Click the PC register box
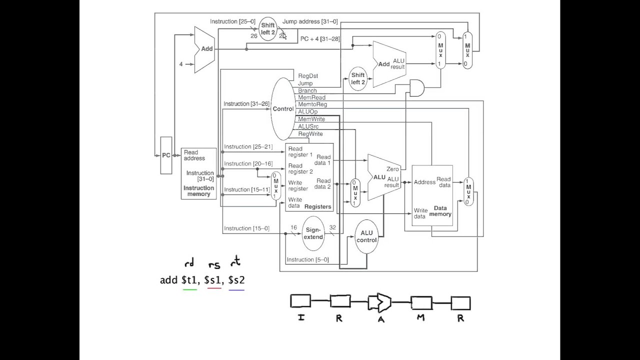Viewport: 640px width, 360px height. click(166, 155)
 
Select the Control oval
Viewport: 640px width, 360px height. click(283, 109)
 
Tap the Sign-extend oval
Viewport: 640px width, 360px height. click(313, 233)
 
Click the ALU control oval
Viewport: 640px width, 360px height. click(366, 236)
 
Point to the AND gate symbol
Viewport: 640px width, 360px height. click(416, 88)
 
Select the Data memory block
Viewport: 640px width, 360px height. click(432, 195)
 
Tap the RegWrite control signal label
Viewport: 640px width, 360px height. click(310, 134)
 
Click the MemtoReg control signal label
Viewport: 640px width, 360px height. click(312, 104)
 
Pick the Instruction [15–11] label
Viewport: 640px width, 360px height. click(243, 189)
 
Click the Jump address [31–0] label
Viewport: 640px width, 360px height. click(309, 21)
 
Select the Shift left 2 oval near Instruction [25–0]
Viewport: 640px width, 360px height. click(268, 29)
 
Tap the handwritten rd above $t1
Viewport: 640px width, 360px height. click(189, 263)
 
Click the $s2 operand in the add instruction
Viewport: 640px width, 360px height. click(236, 280)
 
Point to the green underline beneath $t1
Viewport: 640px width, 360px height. click(190, 289)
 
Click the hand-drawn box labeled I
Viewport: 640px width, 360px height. click(300, 301)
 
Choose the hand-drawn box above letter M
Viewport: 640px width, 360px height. click(421, 302)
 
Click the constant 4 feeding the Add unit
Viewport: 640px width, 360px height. click(181, 64)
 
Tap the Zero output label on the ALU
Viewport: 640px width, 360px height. click(392, 169)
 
